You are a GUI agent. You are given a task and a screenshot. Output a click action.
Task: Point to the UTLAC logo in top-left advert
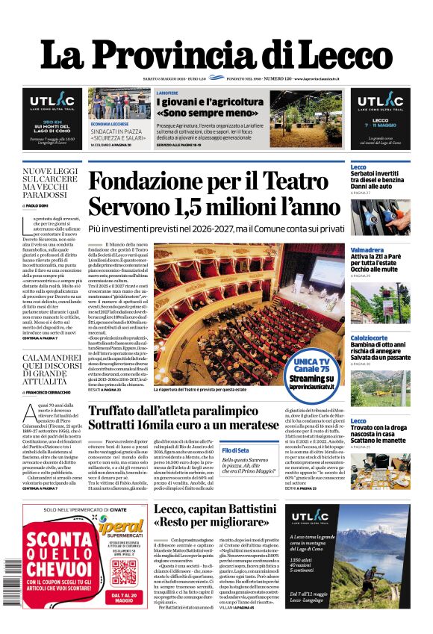coord(52,102)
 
